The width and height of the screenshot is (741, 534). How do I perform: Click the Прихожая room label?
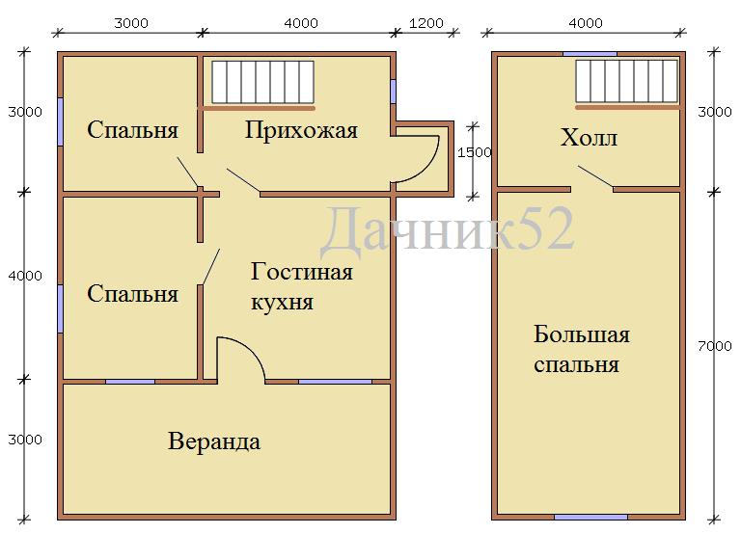(x=301, y=131)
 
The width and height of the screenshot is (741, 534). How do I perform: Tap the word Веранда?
(x=214, y=441)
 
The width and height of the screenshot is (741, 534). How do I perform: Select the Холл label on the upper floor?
(x=589, y=138)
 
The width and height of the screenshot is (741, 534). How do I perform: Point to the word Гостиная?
(x=301, y=272)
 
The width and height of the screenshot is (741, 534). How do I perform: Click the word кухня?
(x=282, y=303)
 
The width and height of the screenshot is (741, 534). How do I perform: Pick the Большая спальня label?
(x=581, y=349)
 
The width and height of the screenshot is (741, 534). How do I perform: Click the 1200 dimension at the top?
(x=425, y=23)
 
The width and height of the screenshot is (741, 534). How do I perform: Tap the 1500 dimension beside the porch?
(x=475, y=152)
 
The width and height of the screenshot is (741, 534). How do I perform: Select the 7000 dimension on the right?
(x=715, y=346)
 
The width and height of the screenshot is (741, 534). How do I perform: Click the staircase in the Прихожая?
(x=262, y=82)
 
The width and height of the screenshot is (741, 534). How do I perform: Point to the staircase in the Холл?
(x=626, y=81)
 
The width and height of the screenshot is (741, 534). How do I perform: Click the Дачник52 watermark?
(x=447, y=230)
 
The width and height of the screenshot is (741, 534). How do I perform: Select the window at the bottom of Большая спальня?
(x=590, y=517)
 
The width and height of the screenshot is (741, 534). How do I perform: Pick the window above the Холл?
(x=590, y=54)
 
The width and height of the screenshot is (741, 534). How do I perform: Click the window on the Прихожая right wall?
(x=393, y=92)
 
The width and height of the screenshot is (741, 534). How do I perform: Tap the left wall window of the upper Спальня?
(x=60, y=121)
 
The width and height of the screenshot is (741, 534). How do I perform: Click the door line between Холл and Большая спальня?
(x=595, y=177)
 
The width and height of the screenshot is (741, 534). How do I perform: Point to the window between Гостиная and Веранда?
(x=335, y=382)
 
